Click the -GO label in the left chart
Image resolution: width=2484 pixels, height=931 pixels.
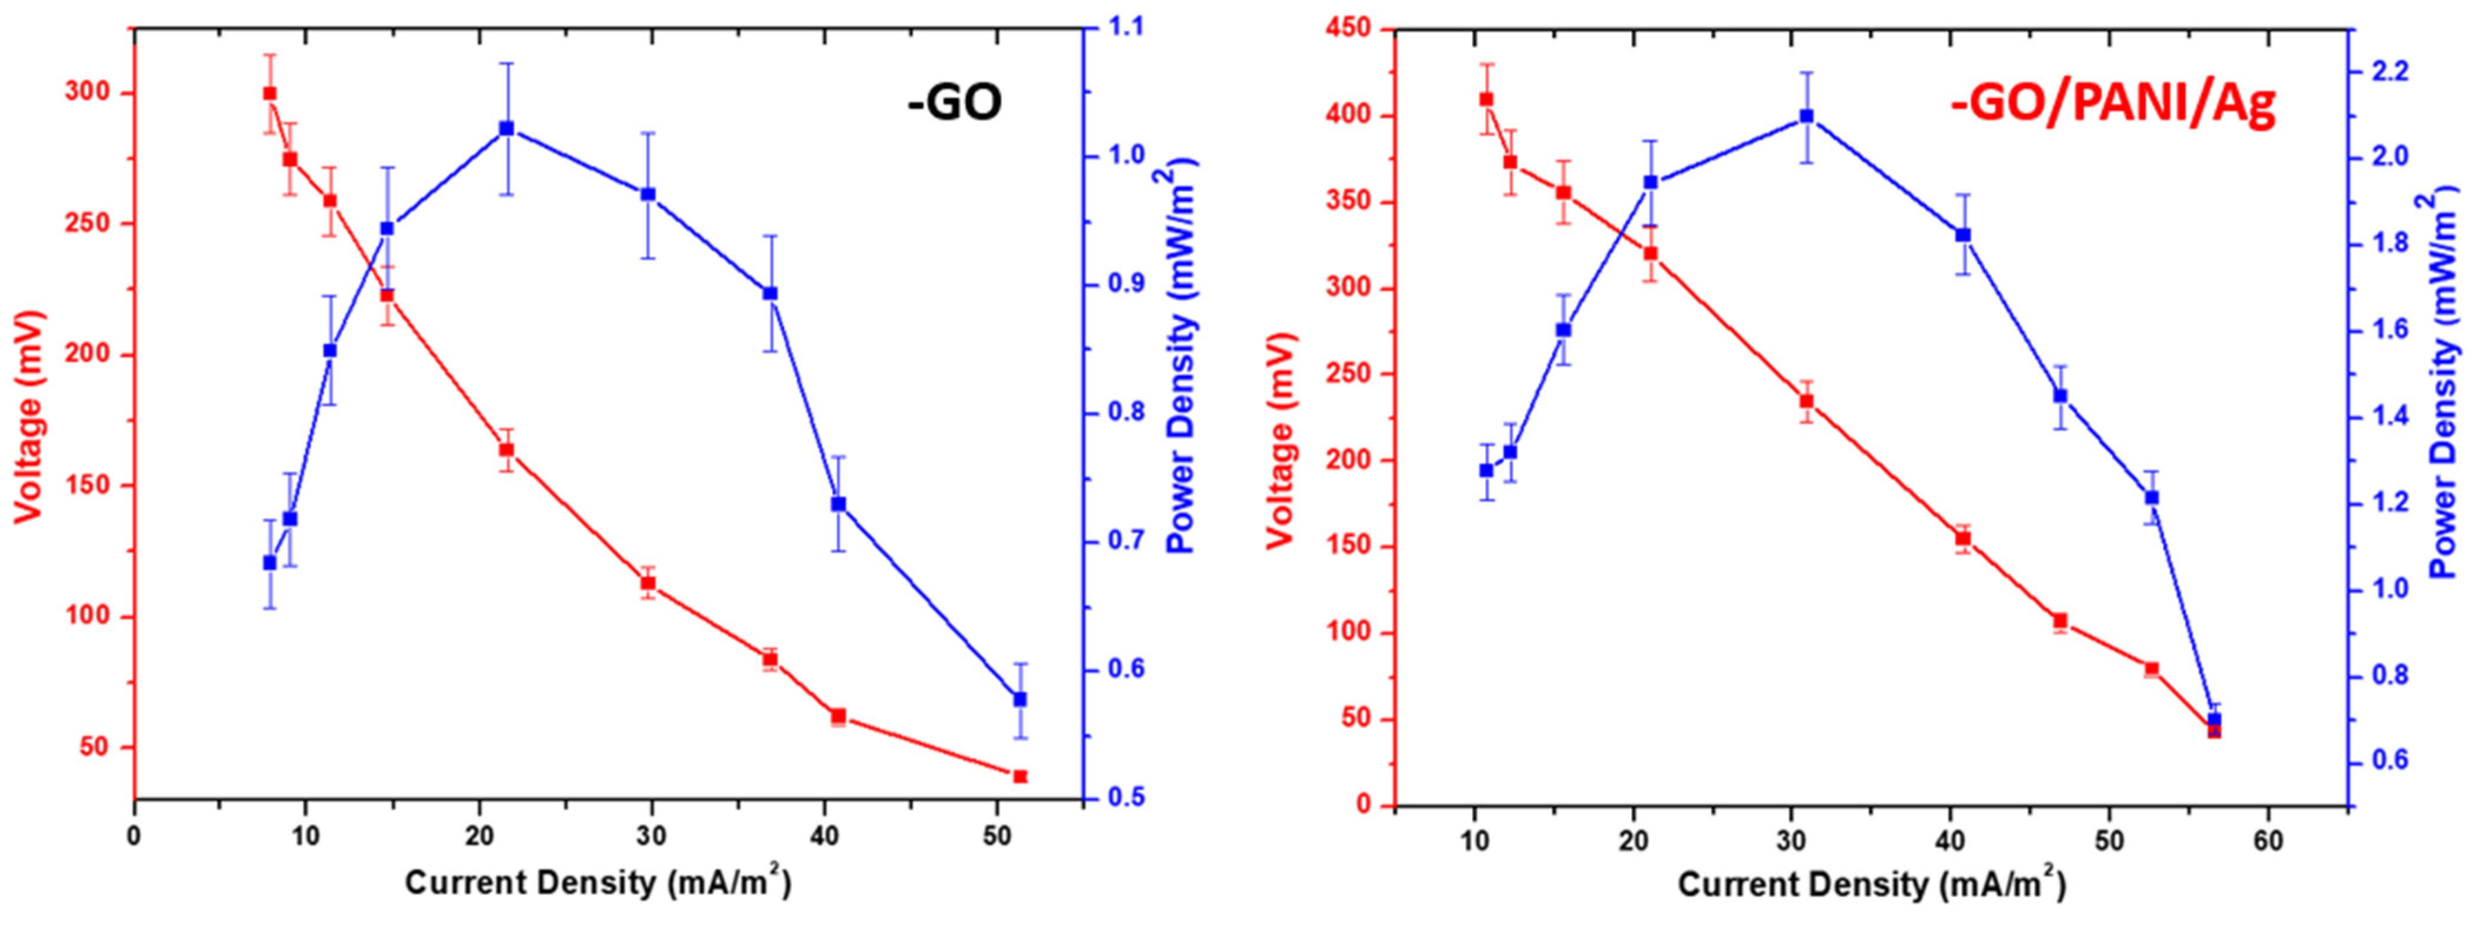pyautogui.click(x=955, y=103)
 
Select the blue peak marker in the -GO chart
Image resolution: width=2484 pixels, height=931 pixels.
pyautogui.click(x=506, y=129)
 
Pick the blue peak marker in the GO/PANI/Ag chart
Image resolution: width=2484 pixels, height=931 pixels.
pyautogui.click(x=1806, y=117)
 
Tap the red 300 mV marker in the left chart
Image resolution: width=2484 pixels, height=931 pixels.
pyautogui.click(x=269, y=93)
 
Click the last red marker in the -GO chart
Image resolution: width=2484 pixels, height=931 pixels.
pyautogui.click(x=1020, y=776)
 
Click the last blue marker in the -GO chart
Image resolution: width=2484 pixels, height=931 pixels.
pyautogui.click(x=1020, y=699)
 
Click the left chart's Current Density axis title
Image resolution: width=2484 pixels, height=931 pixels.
pyautogui.click(x=598, y=883)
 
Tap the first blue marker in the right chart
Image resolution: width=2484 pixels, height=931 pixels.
pyautogui.click(x=1486, y=471)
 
